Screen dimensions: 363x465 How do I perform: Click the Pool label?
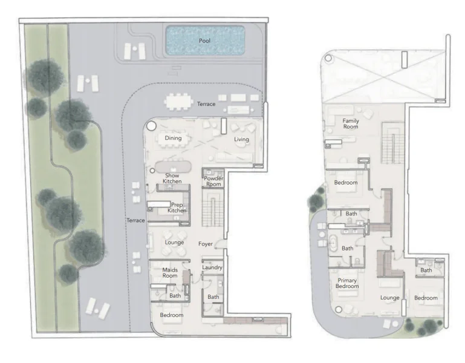pyautogui.click(x=204, y=41)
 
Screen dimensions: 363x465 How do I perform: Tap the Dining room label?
pyautogui.click(x=174, y=138)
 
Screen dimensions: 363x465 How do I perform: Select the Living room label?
pyautogui.click(x=241, y=140)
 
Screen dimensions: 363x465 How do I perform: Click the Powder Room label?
pyautogui.click(x=213, y=181)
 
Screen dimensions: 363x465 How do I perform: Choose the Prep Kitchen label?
pyautogui.click(x=177, y=207)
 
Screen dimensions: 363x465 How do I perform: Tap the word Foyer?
pyautogui.click(x=206, y=244)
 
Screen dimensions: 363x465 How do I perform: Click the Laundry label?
pyautogui.click(x=212, y=267)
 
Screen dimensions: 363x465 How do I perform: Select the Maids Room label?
pyautogui.click(x=170, y=272)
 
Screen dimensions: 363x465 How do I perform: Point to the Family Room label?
pyautogui.click(x=351, y=124)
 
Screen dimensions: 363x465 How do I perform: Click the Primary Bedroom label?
pyautogui.click(x=346, y=283)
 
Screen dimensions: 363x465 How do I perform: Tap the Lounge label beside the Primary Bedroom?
pyautogui.click(x=390, y=298)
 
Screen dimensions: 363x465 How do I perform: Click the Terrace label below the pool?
pyautogui.click(x=206, y=104)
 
